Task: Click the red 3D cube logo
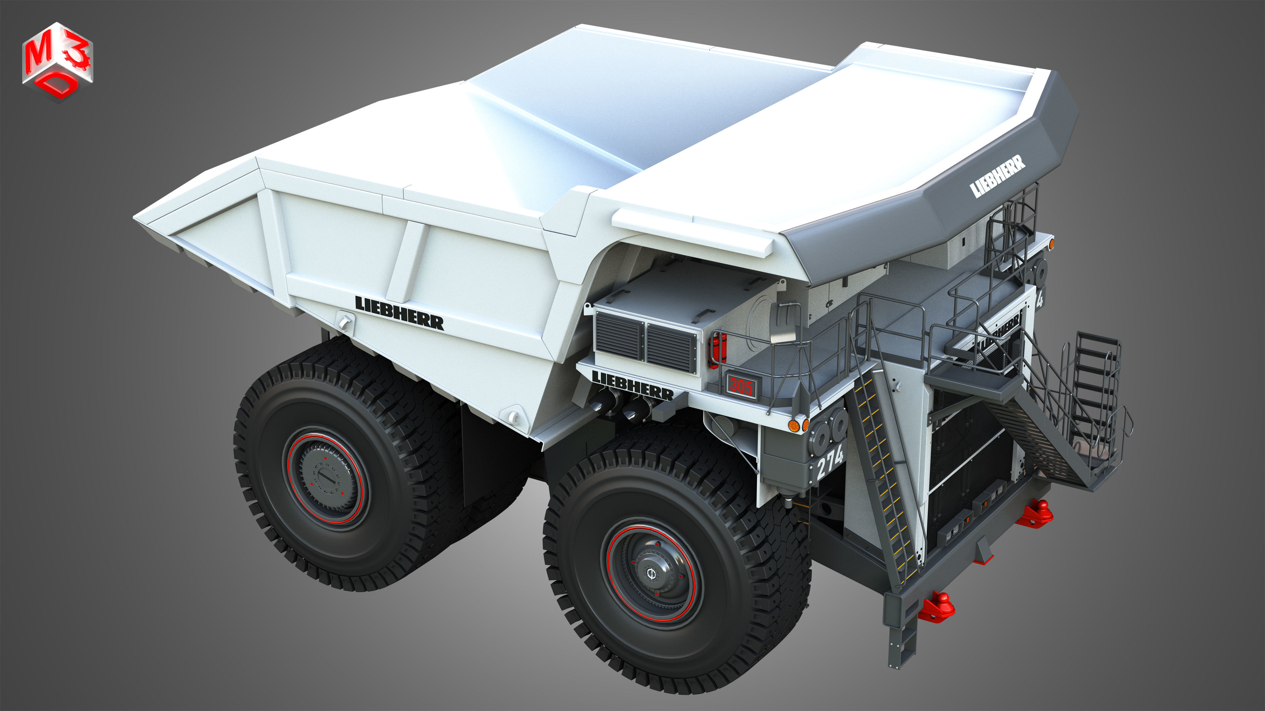(x=57, y=61)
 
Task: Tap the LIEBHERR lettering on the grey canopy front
(x=997, y=176)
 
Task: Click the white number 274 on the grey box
(x=829, y=462)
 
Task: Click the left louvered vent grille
(x=618, y=337)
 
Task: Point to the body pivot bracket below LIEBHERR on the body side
(x=345, y=321)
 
